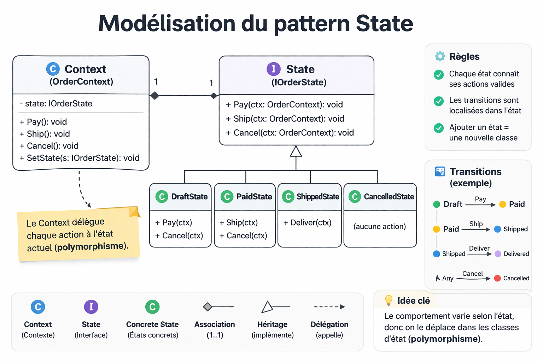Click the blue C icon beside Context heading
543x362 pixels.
point(53,69)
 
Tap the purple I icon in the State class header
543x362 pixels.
point(273,69)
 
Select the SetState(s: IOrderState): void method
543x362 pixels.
point(80,158)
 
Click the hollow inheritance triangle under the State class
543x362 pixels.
point(296,152)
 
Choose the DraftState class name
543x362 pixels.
point(189,197)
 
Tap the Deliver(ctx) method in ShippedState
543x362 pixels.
point(307,223)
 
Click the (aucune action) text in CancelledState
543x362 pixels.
point(380,227)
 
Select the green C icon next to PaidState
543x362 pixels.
point(227,197)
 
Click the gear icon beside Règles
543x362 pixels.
point(440,57)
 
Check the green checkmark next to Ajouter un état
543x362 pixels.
point(439,128)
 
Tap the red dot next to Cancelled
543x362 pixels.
point(497,278)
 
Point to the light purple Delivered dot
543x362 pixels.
point(498,254)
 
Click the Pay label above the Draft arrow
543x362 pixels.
point(480,199)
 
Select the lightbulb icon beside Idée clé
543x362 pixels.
point(389,300)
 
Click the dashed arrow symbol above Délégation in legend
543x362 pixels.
point(329,307)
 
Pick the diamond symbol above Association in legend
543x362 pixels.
point(208,307)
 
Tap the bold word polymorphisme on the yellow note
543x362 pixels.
point(90,246)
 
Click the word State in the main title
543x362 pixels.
point(384,24)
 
